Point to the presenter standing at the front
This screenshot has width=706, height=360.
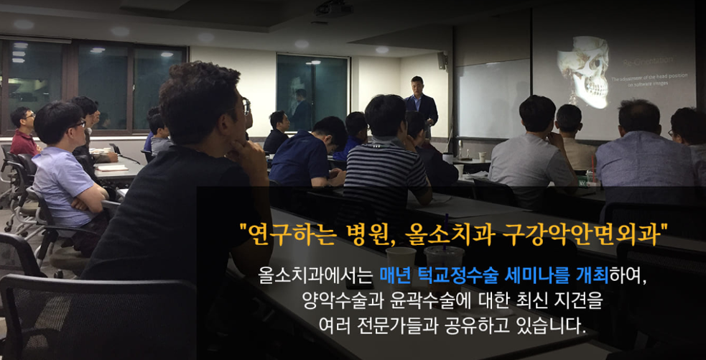[x=420, y=104]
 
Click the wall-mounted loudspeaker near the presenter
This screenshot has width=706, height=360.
[x=442, y=60]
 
